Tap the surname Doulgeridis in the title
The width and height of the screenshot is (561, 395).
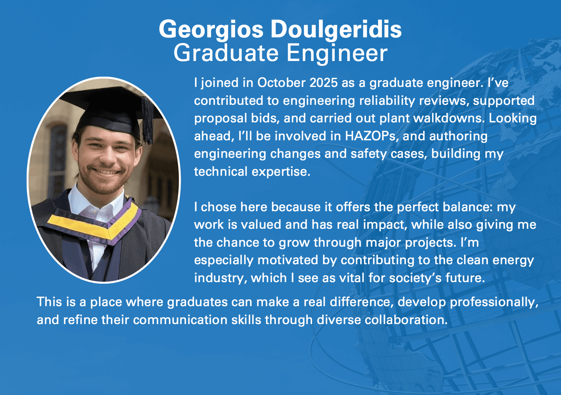336,29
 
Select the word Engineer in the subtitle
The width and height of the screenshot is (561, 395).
337,53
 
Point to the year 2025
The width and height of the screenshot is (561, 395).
324,83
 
